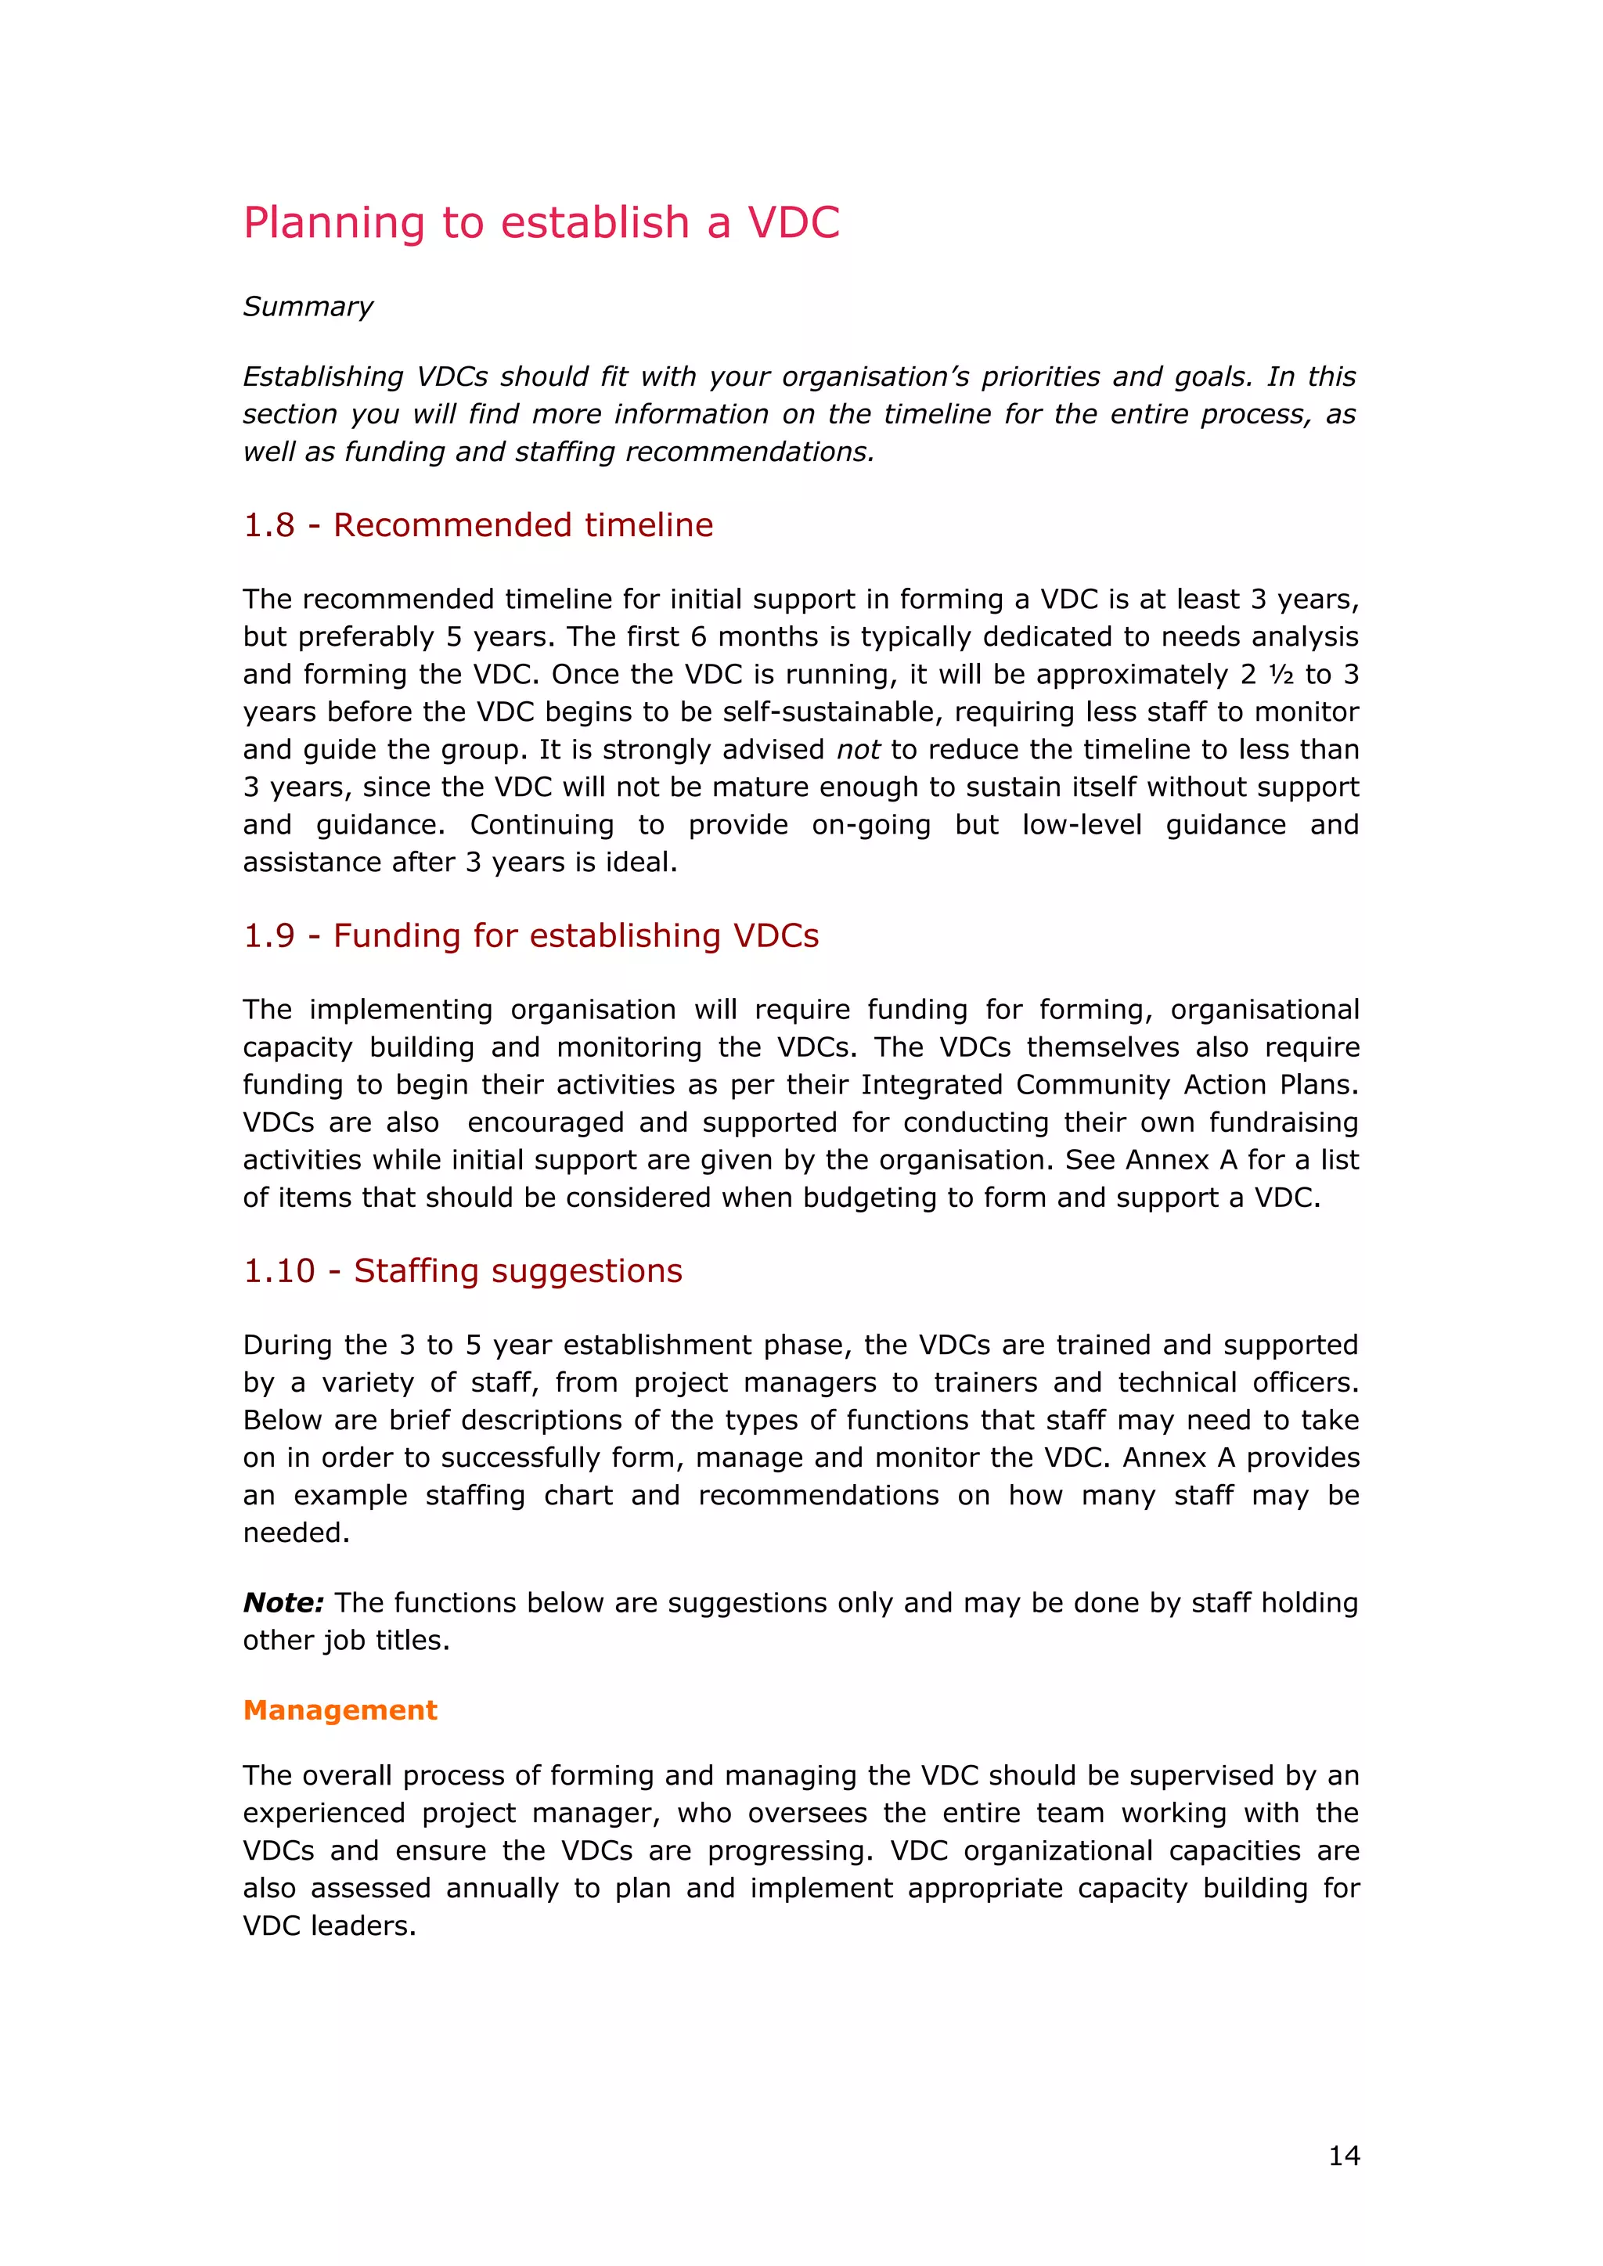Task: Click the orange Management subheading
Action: tap(340, 1709)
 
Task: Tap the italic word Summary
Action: tap(308, 307)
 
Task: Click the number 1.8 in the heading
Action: tap(268, 525)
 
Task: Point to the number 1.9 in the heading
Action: tap(268, 935)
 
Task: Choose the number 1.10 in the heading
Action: tap(279, 1271)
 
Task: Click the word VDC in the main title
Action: tap(793, 223)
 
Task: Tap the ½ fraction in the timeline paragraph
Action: tap(1281, 675)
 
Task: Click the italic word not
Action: tap(858, 750)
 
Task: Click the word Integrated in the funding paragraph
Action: tap(931, 1085)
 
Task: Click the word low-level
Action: tap(1081, 825)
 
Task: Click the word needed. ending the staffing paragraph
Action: tap(296, 1533)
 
